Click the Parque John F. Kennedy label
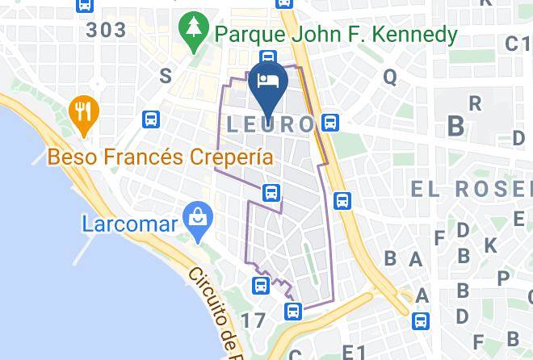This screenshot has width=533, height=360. (x=335, y=36)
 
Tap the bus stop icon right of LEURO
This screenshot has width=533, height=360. (x=329, y=123)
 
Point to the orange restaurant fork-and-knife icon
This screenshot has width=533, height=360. (x=82, y=111)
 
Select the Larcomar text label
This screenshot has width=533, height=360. (x=130, y=223)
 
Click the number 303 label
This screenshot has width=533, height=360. (x=107, y=31)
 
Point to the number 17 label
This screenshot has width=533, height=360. (x=252, y=320)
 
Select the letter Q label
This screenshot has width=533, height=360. (x=390, y=77)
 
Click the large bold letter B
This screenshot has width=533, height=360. (x=456, y=126)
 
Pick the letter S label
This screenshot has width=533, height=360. (x=166, y=76)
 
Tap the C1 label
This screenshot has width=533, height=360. (x=516, y=44)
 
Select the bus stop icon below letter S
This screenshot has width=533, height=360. (x=151, y=119)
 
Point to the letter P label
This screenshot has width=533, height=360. (x=503, y=278)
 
